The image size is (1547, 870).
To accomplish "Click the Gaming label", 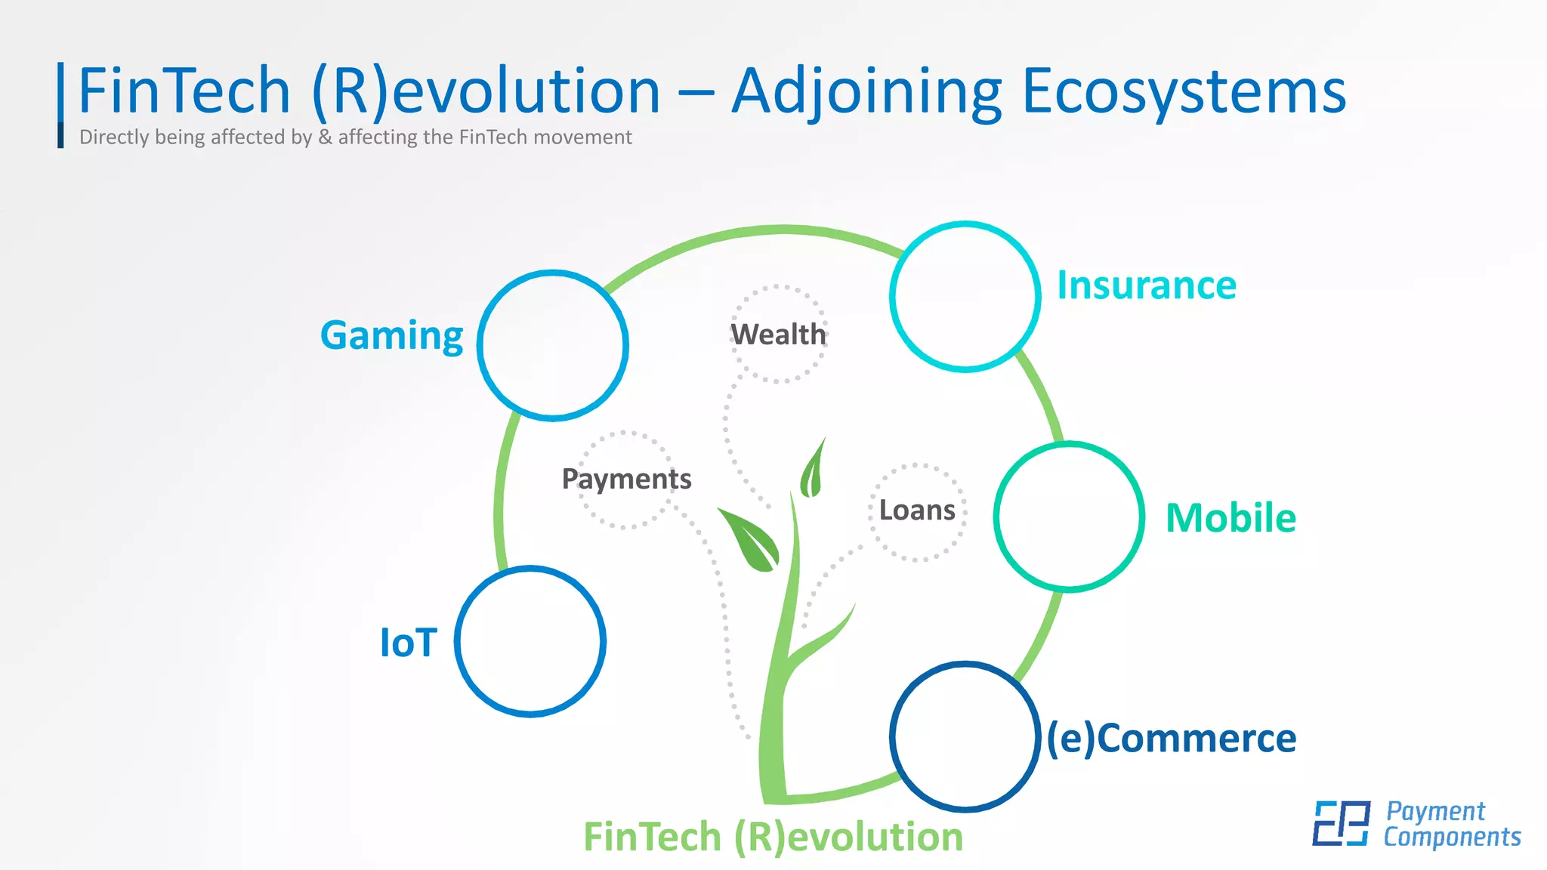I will (x=391, y=335).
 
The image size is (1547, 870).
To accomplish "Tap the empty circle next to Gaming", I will (x=553, y=345).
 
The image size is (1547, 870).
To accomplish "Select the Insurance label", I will (x=1146, y=285).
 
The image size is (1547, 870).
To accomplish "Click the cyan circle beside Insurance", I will (x=965, y=296).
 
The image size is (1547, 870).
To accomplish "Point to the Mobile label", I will (x=1230, y=518).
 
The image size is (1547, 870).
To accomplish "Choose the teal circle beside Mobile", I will (x=1069, y=517).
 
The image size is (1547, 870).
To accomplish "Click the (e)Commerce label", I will (x=1171, y=738).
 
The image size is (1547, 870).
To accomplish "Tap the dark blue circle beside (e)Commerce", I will (x=965, y=736).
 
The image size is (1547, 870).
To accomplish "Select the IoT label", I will (x=408, y=643).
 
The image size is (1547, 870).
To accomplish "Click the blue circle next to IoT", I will (x=530, y=641).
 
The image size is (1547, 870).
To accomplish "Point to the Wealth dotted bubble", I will (x=778, y=334).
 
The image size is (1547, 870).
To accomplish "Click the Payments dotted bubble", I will (x=626, y=479).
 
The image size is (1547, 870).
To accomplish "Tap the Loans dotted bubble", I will (x=917, y=511).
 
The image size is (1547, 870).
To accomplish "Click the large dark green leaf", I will (x=750, y=540).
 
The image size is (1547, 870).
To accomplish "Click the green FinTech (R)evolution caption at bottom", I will (x=773, y=837).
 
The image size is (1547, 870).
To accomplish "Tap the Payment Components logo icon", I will (x=1341, y=823).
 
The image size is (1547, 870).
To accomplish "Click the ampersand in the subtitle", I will (x=325, y=137).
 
